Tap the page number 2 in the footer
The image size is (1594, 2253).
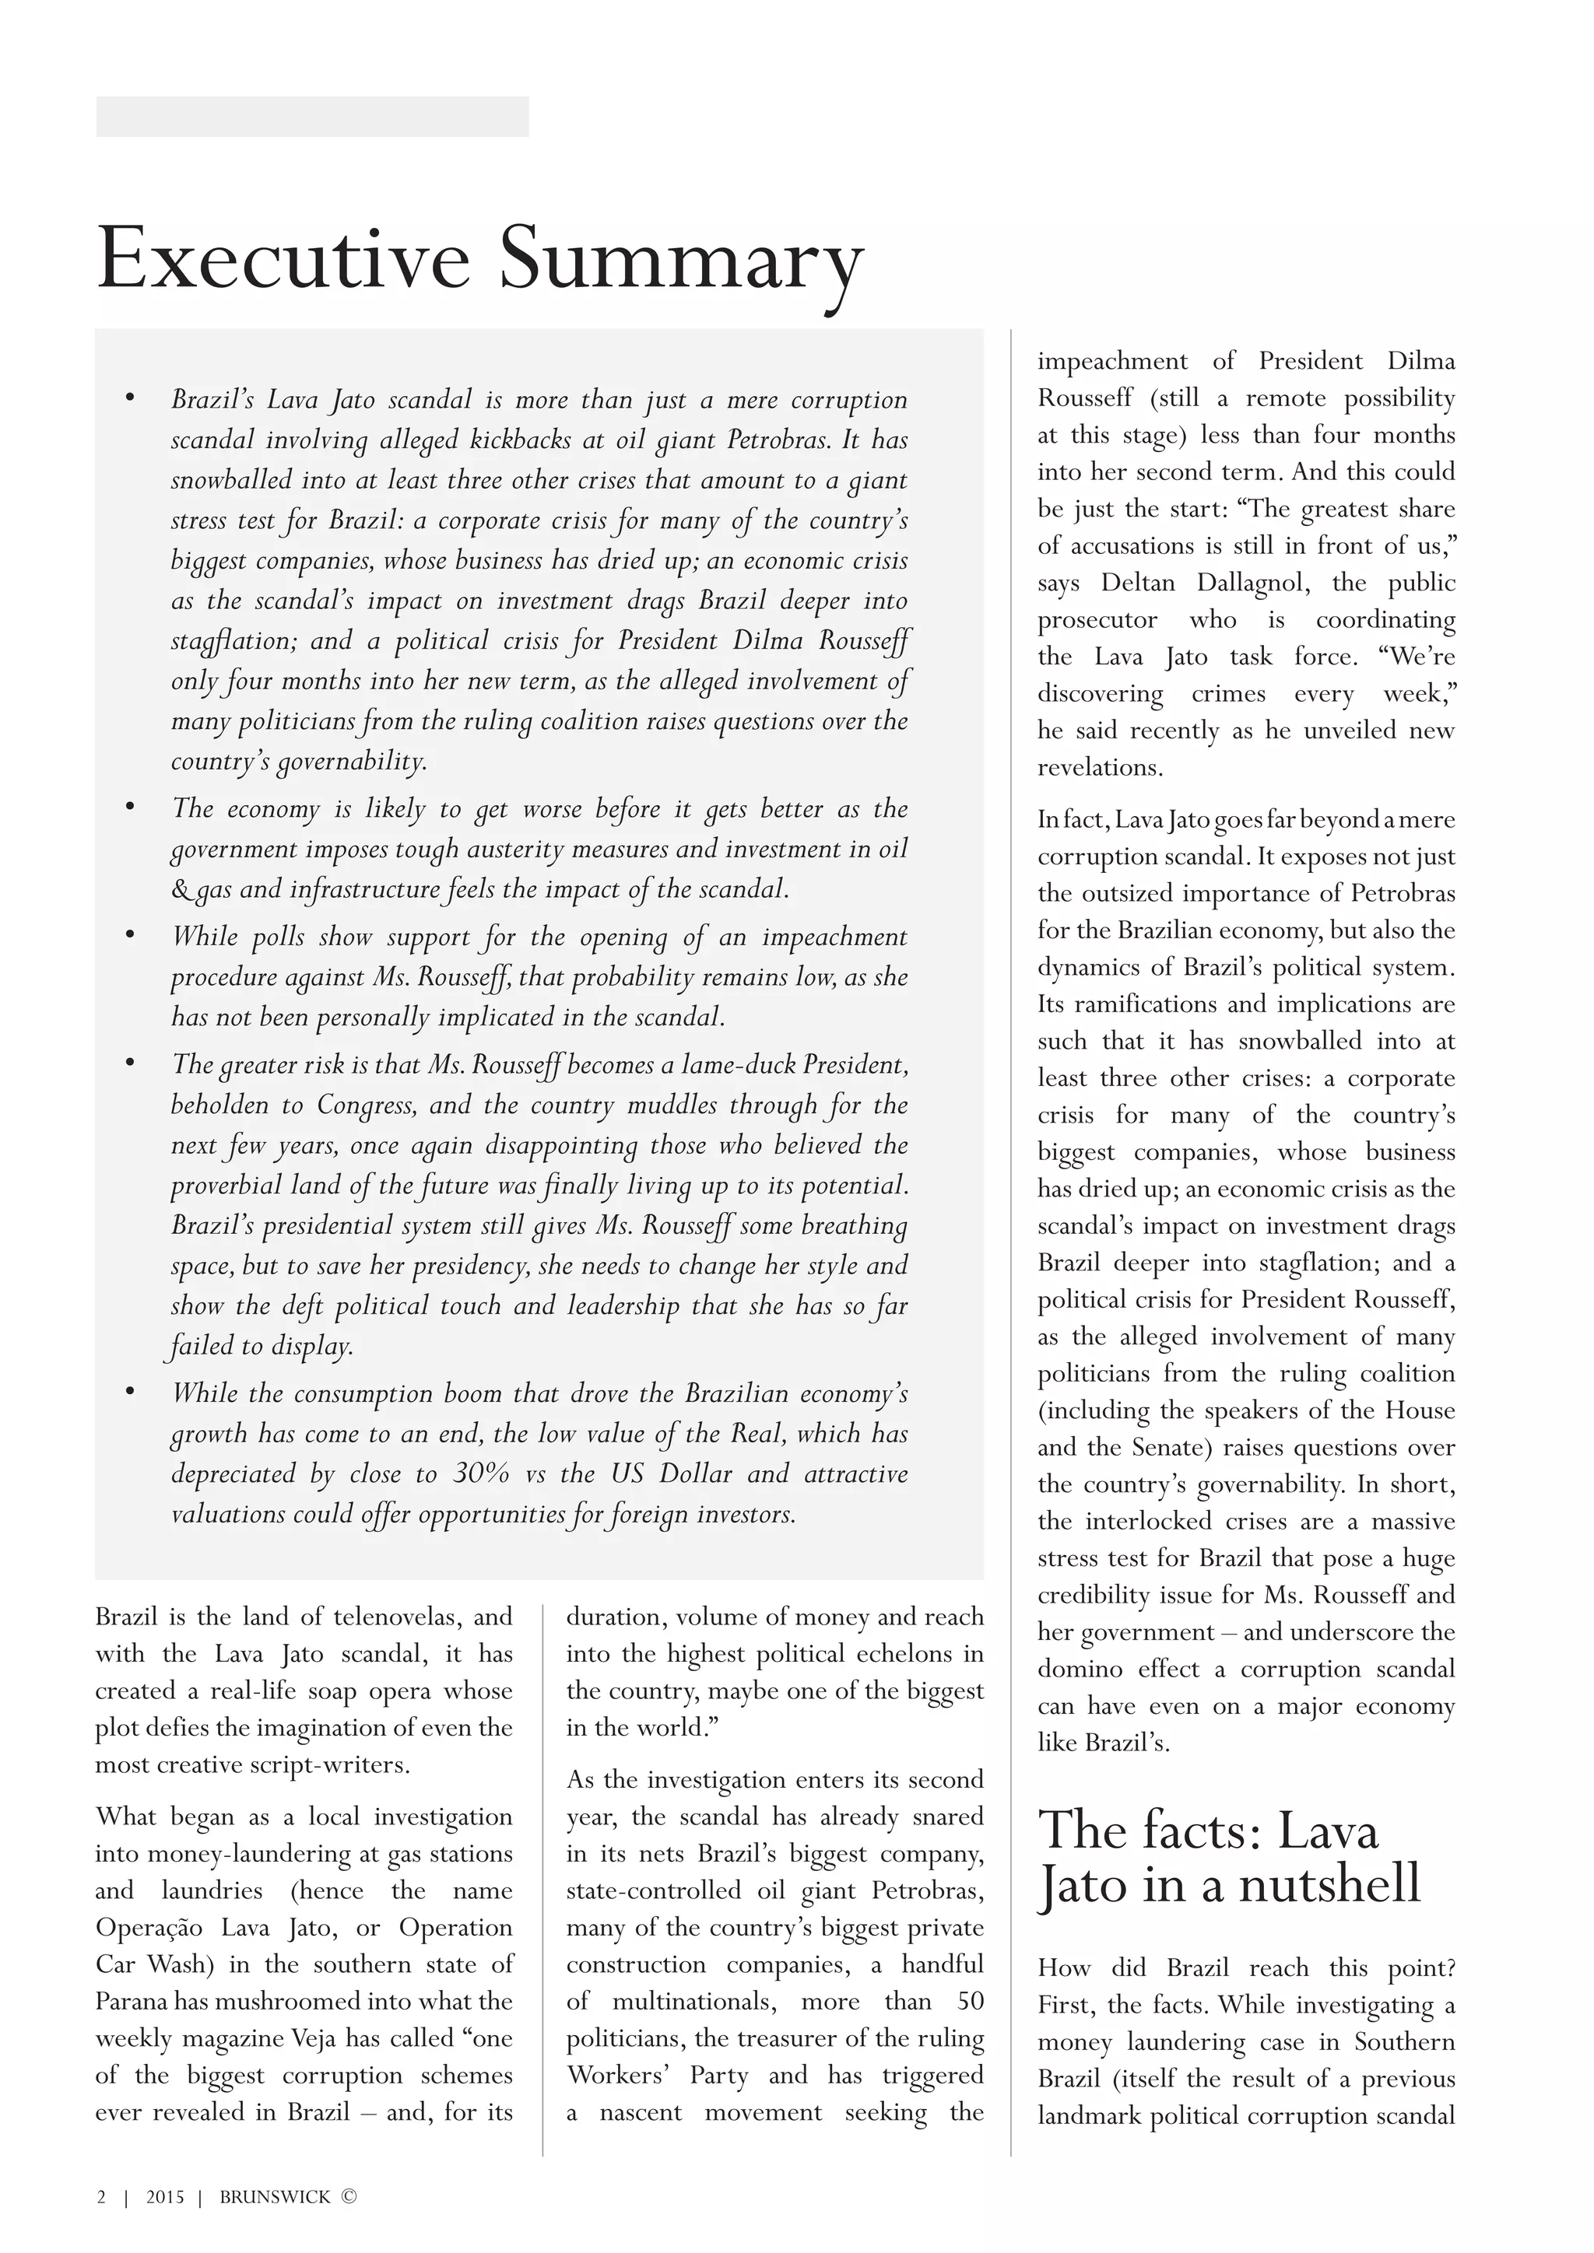pos(101,2197)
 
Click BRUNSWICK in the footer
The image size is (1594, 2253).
pos(275,2197)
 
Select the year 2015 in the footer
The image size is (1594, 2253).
pos(165,2197)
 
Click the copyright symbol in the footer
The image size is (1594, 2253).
pos(349,2197)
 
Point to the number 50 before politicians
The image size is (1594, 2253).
pos(970,2001)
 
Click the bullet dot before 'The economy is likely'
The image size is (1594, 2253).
pos(129,807)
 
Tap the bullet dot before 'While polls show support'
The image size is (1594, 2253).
pos(129,934)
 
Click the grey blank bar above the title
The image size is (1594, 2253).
pos(312,117)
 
